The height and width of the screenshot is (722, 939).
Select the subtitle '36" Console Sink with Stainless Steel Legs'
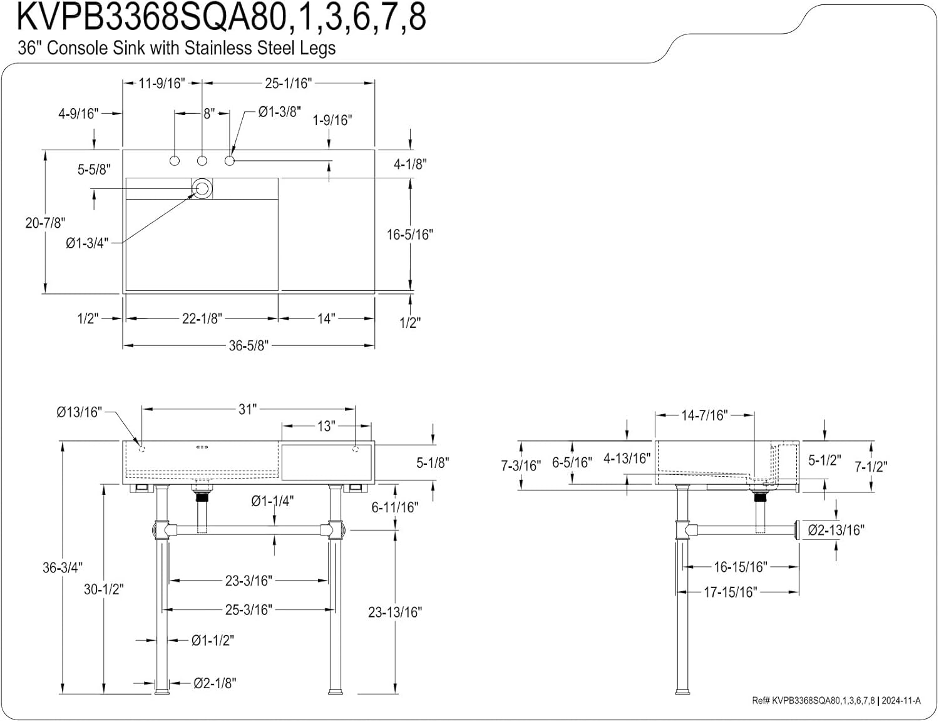pyautogui.click(x=177, y=48)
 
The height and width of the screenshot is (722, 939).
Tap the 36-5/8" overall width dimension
pyautogui.click(x=248, y=345)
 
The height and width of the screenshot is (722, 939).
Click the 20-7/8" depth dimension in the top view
pyautogui.click(x=45, y=222)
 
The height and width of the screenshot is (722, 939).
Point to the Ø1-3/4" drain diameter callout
pyautogui.click(x=87, y=243)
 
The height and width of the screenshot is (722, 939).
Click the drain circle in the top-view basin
pyautogui.click(x=202, y=188)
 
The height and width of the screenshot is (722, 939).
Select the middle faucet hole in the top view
pyautogui.click(x=202, y=161)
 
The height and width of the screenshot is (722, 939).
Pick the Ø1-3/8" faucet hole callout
pyautogui.click(x=279, y=112)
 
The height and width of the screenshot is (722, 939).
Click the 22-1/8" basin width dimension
pyautogui.click(x=202, y=318)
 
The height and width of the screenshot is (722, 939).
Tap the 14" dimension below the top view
pyautogui.click(x=326, y=318)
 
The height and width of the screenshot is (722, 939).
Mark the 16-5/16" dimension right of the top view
pyautogui.click(x=410, y=234)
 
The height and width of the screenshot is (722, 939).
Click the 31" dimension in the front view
pyautogui.click(x=247, y=409)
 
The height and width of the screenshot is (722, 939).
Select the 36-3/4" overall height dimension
pyautogui.click(x=62, y=567)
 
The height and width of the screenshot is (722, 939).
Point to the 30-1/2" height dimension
pyautogui.click(x=104, y=589)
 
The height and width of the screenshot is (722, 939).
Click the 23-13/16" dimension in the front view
pyautogui.click(x=394, y=612)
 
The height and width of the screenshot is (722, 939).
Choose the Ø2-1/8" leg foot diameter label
pyautogui.click(x=215, y=683)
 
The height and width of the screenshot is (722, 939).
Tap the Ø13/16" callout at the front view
pyautogui.click(x=79, y=412)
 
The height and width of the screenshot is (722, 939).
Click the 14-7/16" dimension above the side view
pyautogui.click(x=704, y=415)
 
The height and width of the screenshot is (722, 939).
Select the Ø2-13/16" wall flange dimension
pyautogui.click(x=836, y=530)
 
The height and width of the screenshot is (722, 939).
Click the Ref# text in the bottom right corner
pyautogui.click(x=836, y=701)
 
